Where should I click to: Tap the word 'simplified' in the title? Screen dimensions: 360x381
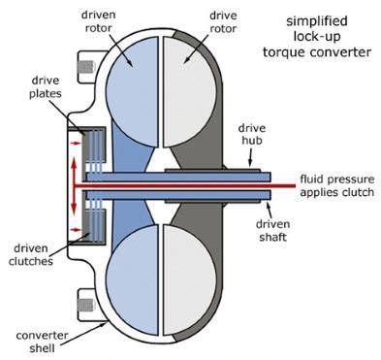(x=322, y=20)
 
